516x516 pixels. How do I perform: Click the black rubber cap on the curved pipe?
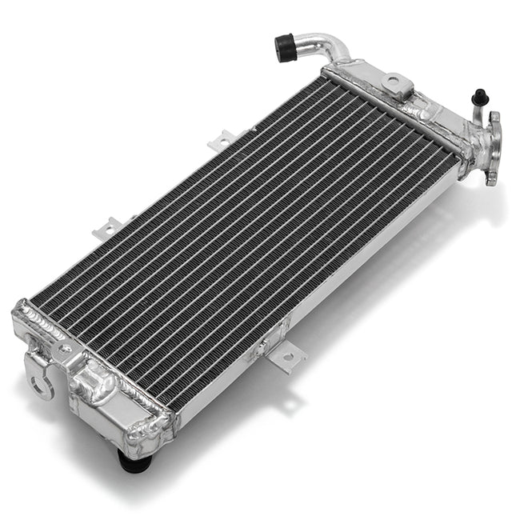285,47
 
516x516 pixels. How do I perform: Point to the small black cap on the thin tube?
479,97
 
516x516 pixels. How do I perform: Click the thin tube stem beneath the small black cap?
479,113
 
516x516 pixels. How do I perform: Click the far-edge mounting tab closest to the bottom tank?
106,229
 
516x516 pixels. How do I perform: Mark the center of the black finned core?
244,232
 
